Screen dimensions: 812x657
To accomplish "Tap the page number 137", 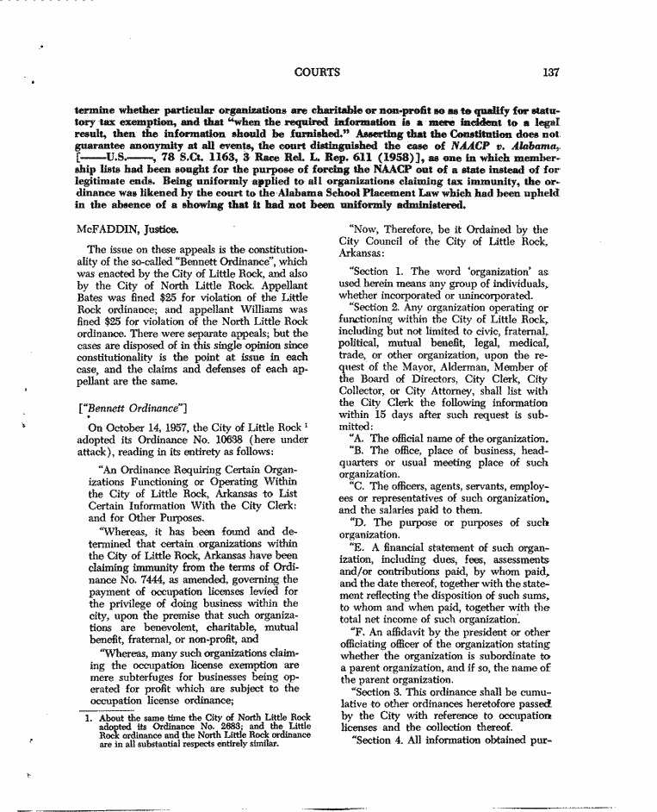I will tap(552, 72).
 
